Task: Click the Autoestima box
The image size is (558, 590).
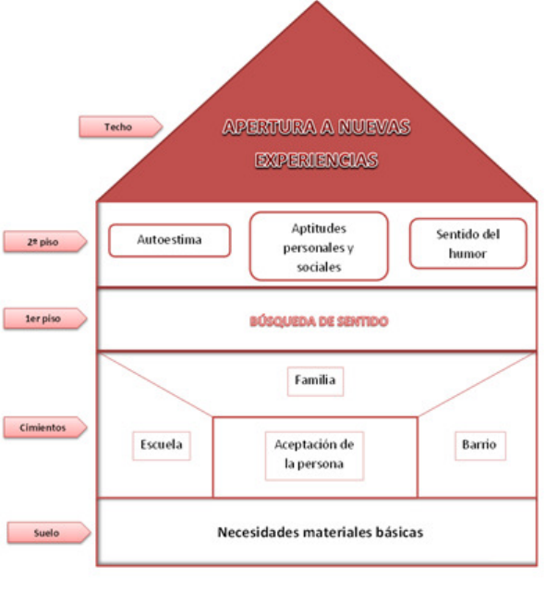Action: coord(169,240)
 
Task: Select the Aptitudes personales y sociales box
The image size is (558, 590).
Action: coord(319,246)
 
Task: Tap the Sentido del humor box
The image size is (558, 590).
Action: coord(467,243)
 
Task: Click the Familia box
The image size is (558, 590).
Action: coord(315,379)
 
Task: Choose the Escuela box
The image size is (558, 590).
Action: coord(161,445)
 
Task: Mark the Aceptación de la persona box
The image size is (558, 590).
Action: coord(315,454)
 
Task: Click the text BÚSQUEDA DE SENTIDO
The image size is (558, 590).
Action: coord(318,321)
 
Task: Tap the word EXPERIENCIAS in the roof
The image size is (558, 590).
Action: coord(318,160)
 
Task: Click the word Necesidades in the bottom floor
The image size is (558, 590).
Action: coord(258,533)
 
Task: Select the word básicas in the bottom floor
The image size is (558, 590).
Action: coord(398,533)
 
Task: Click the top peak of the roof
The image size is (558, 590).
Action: coord(317,5)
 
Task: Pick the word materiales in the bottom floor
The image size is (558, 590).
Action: coord(336,533)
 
